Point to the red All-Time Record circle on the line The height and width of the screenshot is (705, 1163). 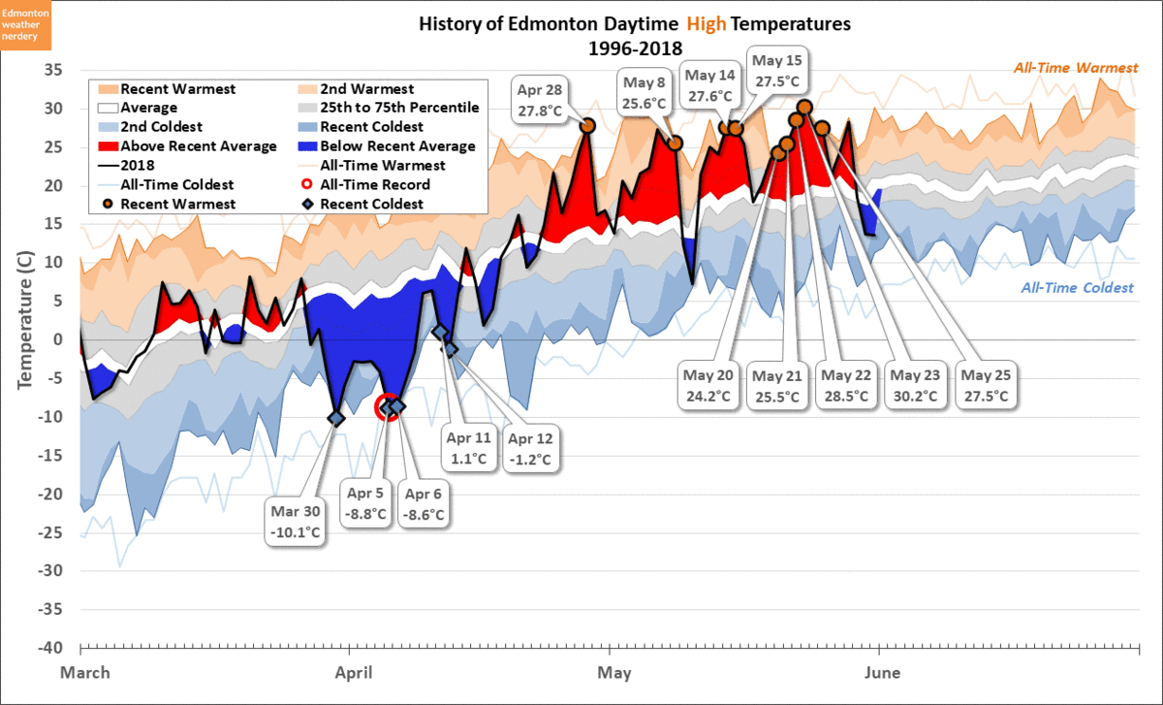pos(388,407)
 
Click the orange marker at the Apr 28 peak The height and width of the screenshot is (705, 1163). pos(587,125)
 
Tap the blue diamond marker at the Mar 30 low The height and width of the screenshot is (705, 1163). pos(336,418)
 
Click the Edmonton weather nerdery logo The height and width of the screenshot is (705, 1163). pos(26,25)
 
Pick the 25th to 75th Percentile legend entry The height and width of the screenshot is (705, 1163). pos(388,108)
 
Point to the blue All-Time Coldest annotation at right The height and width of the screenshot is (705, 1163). pos(1077,288)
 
